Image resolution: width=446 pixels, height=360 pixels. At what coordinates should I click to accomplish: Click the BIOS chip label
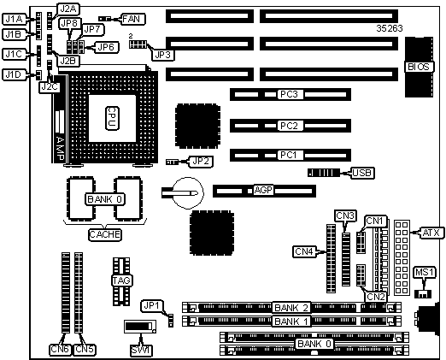point(419,67)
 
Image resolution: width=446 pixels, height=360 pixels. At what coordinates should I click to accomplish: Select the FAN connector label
point(132,19)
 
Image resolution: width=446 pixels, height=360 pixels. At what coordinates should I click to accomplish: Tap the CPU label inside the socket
point(112,118)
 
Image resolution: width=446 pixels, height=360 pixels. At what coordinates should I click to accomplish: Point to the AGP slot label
point(263,190)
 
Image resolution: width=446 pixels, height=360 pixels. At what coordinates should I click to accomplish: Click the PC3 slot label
point(289,94)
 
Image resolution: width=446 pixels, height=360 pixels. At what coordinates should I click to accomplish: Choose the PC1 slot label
point(289,155)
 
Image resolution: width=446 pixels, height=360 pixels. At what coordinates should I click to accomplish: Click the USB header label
point(361,173)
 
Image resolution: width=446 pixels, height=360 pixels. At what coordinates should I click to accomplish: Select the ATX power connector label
point(431,233)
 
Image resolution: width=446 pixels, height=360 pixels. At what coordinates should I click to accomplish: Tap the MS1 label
point(424,273)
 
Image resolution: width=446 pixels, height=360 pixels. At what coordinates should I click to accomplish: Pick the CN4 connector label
point(304,251)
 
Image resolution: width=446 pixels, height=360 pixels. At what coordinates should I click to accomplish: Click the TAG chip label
point(121,280)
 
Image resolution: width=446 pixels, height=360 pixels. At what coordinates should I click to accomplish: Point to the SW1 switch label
point(141,350)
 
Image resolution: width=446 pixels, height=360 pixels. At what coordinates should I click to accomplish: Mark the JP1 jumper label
point(151,306)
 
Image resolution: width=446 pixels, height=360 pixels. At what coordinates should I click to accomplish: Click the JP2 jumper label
point(201,162)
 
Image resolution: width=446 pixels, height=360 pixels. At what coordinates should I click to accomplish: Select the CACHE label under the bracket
point(104,235)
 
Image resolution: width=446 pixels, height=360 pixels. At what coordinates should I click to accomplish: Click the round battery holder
point(188,192)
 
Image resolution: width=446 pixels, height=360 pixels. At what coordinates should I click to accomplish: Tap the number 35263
point(390,28)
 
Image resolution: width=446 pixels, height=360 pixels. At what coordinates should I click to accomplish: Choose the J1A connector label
point(14,19)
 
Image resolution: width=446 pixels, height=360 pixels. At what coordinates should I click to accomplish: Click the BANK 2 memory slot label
point(291,308)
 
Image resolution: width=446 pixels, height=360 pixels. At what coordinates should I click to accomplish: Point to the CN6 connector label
point(61,350)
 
